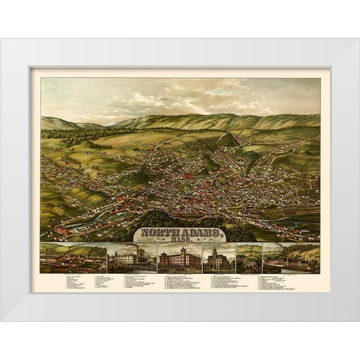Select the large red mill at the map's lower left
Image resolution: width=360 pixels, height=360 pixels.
(62, 230)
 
